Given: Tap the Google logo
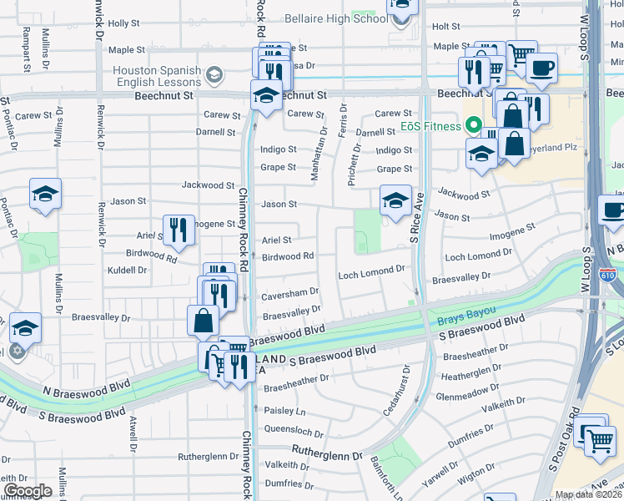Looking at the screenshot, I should coord(28,491).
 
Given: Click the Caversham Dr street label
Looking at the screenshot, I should coord(291,292).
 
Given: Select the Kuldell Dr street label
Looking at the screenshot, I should coord(127,271).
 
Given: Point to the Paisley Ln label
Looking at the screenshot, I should coord(284,412).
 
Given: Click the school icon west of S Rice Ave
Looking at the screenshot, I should coord(395,200).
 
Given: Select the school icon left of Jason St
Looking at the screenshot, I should coord(44,195).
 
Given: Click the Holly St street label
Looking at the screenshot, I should coord(123,24).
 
